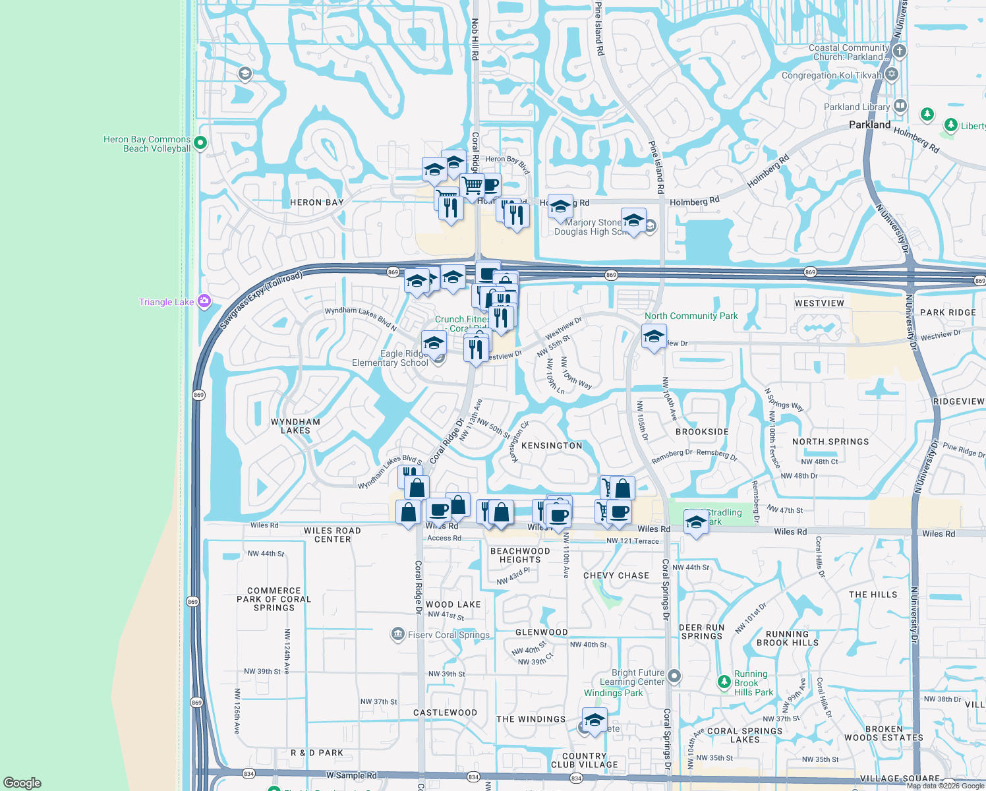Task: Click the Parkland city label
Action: click(869, 125)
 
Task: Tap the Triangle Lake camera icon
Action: click(204, 301)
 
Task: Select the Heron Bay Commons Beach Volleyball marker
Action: click(200, 142)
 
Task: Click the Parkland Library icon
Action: click(900, 106)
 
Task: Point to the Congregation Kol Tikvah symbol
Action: click(892, 74)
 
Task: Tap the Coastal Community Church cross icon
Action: click(900, 51)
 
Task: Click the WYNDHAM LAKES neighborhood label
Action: click(295, 426)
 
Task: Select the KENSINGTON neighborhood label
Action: click(552, 446)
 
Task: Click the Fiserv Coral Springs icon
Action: click(397, 634)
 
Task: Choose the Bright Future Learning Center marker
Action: click(674, 676)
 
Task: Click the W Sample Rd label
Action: click(351, 775)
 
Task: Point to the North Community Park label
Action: click(691, 316)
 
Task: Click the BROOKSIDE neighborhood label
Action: click(702, 432)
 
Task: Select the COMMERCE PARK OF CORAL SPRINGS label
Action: click(274, 599)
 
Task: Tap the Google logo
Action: click(22, 782)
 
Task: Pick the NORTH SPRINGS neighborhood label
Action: click(830, 442)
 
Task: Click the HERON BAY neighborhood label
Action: click(317, 202)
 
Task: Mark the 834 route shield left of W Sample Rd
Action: click(248, 773)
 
